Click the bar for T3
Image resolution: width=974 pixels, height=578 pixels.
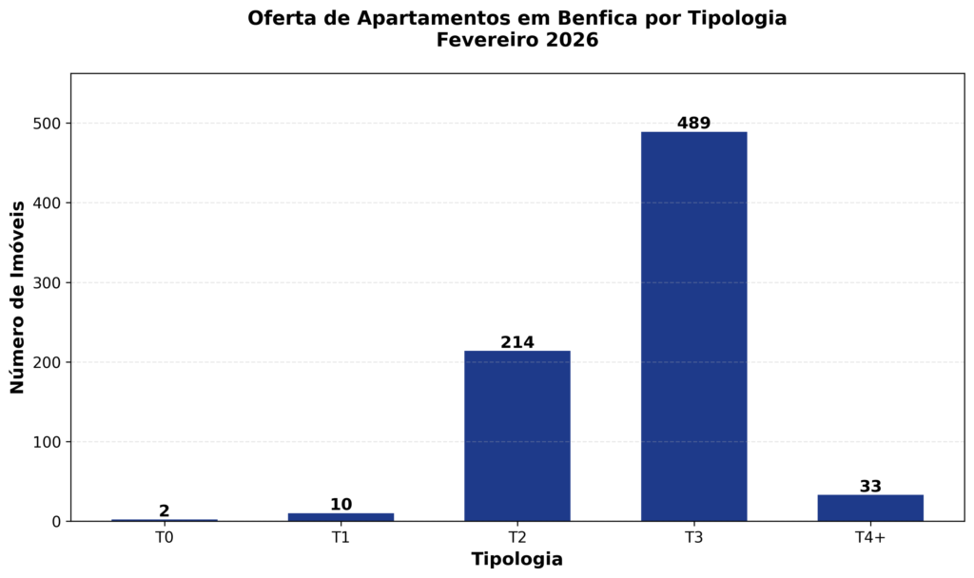click(693, 326)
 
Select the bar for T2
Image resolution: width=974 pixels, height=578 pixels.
click(517, 435)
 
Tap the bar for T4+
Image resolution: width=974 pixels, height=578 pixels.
click(870, 508)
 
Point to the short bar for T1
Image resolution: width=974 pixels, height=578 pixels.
click(341, 517)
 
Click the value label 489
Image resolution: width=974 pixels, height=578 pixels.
click(693, 124)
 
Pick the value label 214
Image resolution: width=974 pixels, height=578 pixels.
click(517, 342)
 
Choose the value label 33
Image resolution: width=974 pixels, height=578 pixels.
click(870, 487)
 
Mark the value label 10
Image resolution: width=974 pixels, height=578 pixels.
click(341, 505)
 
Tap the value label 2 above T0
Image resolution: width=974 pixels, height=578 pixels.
click(165, 511)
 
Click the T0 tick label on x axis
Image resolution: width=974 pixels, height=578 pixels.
click(165, 538)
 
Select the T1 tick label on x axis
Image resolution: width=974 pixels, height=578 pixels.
click(341, 538)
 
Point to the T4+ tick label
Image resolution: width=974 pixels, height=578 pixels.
click(870, 538)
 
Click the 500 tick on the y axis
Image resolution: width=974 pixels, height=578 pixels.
click(49, 124)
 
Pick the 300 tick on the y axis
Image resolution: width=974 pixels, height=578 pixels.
click(49, 282)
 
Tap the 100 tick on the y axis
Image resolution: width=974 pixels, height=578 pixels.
click(49, 442)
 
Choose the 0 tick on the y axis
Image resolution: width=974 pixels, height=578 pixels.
click(58, 522)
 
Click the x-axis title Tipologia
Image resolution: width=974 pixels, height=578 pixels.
click(517, 559)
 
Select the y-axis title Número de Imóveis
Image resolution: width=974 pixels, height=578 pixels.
click(17, 298)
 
